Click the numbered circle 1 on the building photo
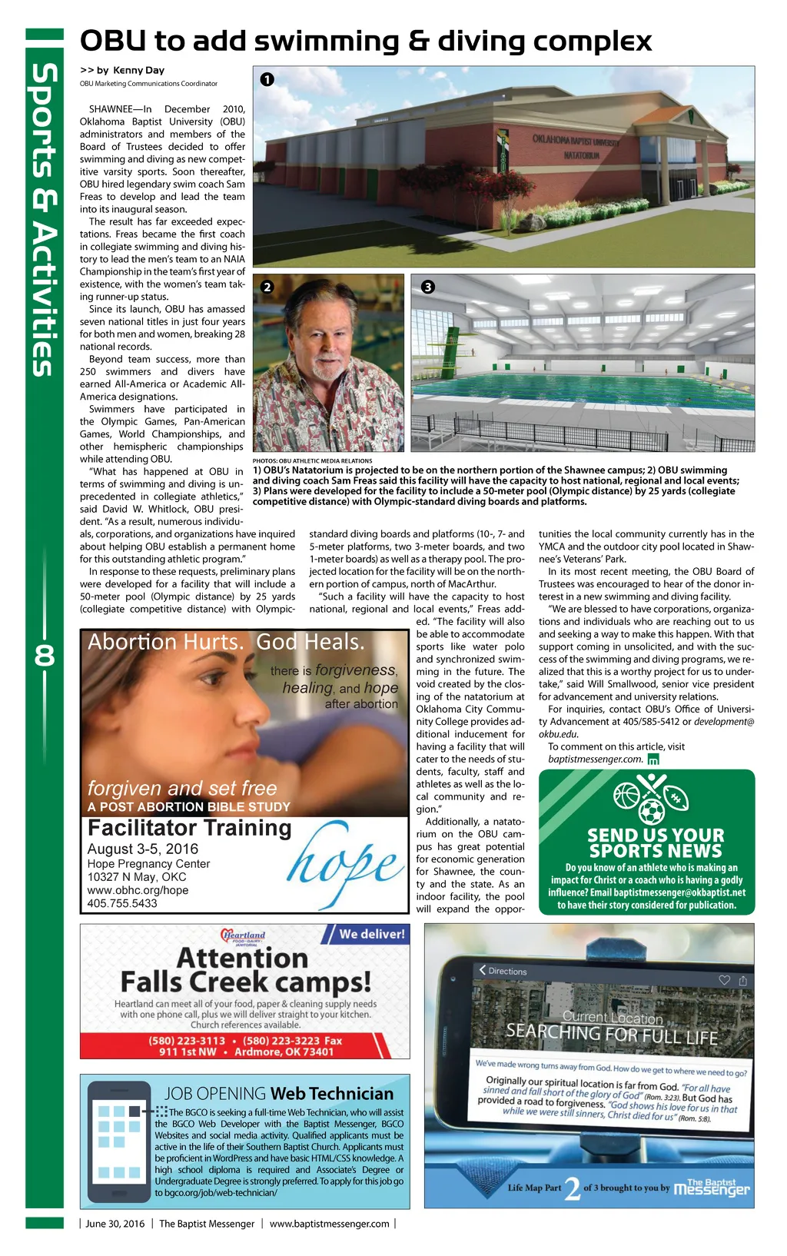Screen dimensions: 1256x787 coord(267,79)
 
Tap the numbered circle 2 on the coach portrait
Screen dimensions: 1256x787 coord(267,287)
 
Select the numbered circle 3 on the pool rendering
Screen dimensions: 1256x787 coord(427,287)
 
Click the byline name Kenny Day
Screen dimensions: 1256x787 coord(138,70)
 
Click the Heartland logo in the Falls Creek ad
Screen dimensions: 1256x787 coord(243,936)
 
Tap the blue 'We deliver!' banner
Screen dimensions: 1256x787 coord(371,934)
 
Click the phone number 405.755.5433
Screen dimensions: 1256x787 coord(122,903)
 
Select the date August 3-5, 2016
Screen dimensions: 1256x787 coord(143,849)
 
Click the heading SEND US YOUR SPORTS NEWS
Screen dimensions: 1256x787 coord(655,842)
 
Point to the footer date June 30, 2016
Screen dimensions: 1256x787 coord(115,1224)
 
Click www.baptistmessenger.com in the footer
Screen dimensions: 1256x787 coord(329,1224)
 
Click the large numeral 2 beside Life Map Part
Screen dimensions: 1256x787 coord(572,1188)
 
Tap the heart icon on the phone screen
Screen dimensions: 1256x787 coord(723,980)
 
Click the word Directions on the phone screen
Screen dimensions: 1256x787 coord(507,971)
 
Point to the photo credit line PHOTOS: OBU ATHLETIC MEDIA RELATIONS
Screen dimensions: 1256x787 coord(312,460)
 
